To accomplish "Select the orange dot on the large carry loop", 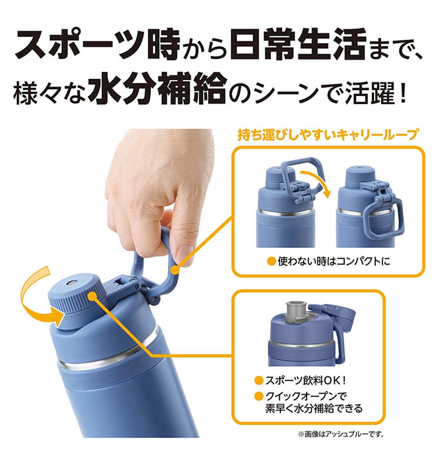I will click(x=175, y=270).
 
